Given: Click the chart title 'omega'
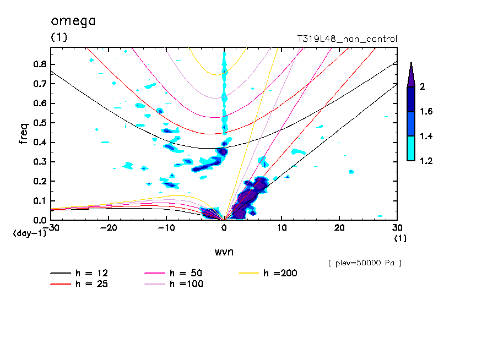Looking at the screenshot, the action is point(73,21).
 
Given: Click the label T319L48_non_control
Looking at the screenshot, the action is point(347,39).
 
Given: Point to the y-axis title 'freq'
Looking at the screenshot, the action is point(24,134).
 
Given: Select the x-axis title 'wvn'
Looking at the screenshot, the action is point(224,252).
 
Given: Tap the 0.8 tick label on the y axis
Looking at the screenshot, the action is point(40,64).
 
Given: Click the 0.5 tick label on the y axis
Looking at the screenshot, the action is point(40,123).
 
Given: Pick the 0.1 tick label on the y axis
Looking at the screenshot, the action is point(40,201).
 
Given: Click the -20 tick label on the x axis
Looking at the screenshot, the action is point(109,228).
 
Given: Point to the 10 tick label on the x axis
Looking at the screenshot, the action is point(282,228).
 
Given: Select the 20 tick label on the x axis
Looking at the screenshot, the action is point(339,228).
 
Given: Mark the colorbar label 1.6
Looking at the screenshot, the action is point(426,111).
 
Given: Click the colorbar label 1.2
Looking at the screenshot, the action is point(426,161).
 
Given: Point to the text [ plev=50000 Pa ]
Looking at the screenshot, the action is point(365,263).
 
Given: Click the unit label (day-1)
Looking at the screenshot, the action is point(29,233).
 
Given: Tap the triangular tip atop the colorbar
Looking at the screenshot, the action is point(412,63).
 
